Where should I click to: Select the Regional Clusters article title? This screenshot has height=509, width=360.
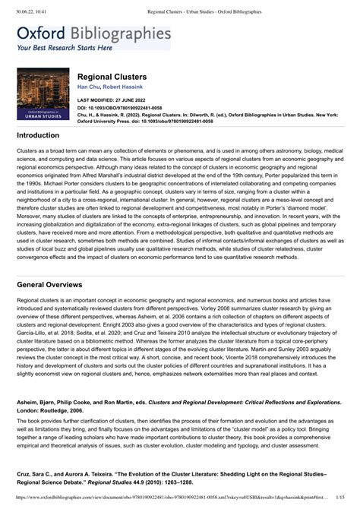[112, 77]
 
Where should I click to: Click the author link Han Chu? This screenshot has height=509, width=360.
[87, 88]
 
